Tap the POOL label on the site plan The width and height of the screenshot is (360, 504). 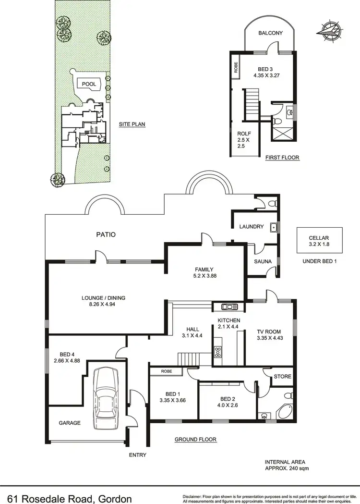coord(89,84)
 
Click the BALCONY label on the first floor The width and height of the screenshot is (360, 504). coord(270,33)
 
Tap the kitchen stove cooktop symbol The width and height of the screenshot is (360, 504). coord(218,353)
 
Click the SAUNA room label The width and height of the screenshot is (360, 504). coord(263,262)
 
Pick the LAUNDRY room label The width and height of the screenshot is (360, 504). coord(252,227)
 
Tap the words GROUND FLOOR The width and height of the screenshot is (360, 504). coord(195,439)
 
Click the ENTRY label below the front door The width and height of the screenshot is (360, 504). coord(138,455)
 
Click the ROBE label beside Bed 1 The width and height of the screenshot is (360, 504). coord(166,371)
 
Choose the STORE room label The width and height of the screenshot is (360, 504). coord(282,376)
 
